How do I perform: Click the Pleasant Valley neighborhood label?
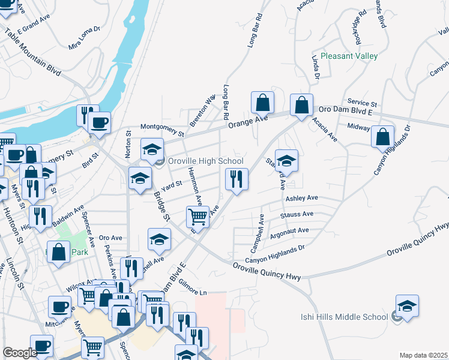(349, 56)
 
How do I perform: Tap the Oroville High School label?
(205, 161)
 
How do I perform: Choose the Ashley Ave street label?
(301, 198)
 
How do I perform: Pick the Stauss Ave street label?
(297, 214)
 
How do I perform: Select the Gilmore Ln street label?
(192, 292)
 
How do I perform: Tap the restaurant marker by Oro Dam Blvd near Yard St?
(237, 178)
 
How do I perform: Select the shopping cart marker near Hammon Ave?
(197, 216)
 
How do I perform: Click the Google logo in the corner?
(20, 353)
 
